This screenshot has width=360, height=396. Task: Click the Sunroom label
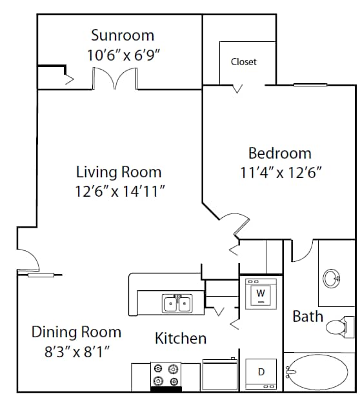123,35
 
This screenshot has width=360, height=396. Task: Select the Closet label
243,62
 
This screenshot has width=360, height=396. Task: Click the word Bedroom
280,153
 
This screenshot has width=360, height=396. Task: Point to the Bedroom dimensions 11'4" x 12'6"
280,172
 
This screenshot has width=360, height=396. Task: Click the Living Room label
119,172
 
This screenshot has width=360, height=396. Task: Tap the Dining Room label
76,332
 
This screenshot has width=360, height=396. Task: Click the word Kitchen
181,339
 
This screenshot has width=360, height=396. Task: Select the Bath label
308,317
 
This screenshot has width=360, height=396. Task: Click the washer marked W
261,295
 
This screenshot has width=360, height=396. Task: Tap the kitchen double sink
177,302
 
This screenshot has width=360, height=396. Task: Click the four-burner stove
165,375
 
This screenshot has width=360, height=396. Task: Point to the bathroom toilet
339,327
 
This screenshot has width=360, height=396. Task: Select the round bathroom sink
331,279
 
